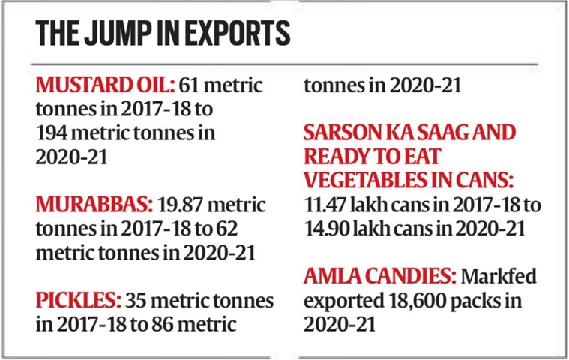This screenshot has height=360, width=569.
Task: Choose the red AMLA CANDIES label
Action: point(379,277)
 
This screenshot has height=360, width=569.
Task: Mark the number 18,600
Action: point(409,301)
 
